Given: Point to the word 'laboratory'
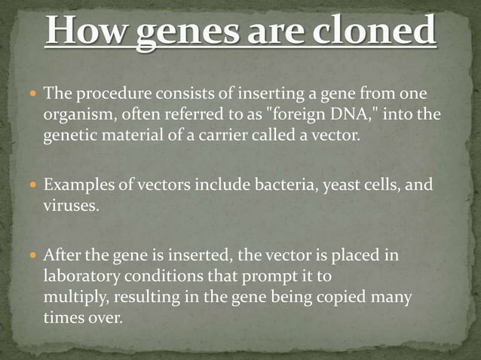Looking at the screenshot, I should (x=78, y=276).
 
